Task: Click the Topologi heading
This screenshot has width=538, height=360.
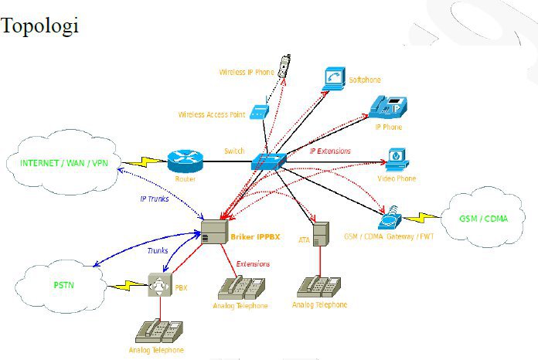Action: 40,25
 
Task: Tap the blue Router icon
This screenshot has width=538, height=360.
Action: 183,161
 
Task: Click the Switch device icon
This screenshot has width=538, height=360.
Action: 268,161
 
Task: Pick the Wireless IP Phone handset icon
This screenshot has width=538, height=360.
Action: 285,64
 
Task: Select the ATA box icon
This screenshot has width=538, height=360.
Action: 322,235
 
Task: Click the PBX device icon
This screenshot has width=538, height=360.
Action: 160,285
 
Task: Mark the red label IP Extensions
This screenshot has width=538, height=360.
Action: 330,151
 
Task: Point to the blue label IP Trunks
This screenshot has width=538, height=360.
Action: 155,199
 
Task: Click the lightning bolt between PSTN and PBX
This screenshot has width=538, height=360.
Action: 129,286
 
